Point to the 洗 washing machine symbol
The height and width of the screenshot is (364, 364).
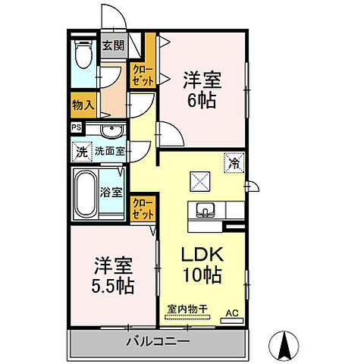(81, 151)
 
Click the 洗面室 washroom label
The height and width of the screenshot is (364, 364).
(110, 151)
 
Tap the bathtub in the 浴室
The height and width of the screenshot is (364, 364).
(86, 193)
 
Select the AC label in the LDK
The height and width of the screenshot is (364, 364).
(232, 311)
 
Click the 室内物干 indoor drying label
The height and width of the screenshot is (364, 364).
(187, 309)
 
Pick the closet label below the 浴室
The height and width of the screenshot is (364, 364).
(141, 208)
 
